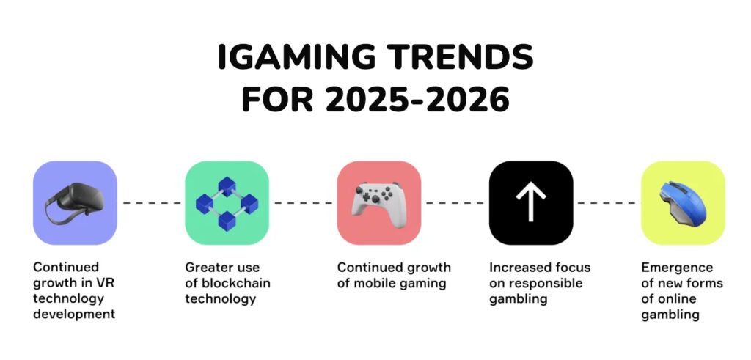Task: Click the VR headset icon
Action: [x=75, y=203]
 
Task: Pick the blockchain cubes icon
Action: [x=227, y=204]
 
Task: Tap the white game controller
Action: [x=379, y=204]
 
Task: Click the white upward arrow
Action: [x=531, y=202]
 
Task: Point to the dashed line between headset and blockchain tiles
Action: [x=151, y=203]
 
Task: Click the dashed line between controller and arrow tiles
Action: [x=455, y=203]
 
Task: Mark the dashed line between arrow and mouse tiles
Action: [x=607, y=203]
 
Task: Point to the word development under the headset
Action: [x=74, y=315]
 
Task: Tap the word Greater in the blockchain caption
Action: [x=206, y=267]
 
